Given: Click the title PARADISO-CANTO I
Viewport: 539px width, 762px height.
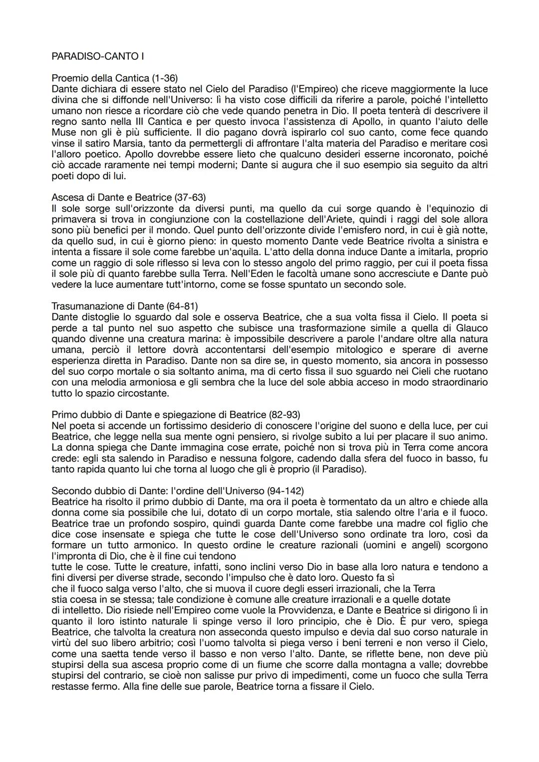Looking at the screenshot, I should click(x=97, y=56).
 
